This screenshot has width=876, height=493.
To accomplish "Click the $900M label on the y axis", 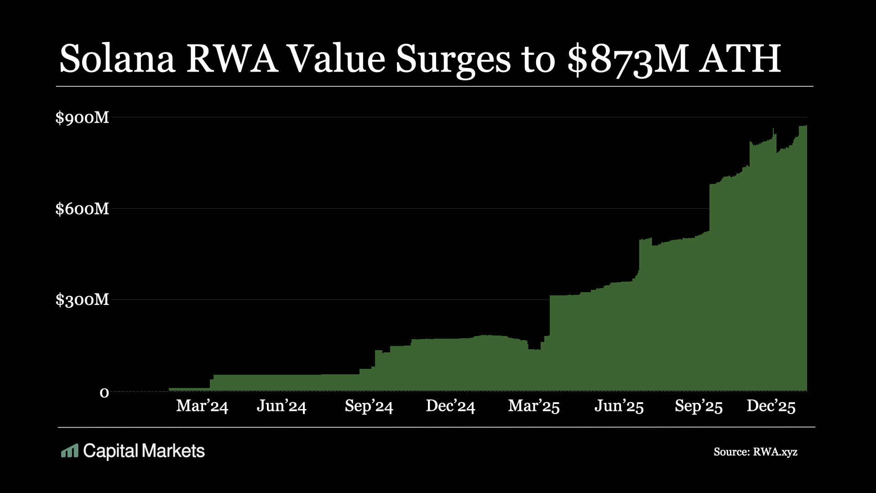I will click(x=82, y=118).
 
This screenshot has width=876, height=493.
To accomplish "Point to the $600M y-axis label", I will click(x=82, y=209).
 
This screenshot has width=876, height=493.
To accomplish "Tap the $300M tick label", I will click(x=82, y=300).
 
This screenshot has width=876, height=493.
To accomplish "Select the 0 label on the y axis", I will click(x=104, y=392).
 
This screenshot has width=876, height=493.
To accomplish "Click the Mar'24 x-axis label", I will click(x=202, y=406).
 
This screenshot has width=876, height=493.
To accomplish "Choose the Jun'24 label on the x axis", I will click(x=282, y=406).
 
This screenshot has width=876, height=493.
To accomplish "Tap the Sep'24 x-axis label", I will click(x=369, y=406).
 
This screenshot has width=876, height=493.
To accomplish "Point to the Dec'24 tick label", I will click(x=450, y=406).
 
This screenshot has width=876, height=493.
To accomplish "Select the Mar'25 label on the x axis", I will click(x=534, y=406).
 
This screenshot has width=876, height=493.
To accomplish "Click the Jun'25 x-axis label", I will click(x=619, y=406).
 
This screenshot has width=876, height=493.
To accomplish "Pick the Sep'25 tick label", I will click(x=699, y=406).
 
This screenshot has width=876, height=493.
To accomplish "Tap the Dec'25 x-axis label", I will click(x=771, y=406).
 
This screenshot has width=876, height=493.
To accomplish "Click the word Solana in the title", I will click(x=117, y=59).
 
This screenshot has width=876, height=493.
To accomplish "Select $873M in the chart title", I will click(x=627, y=59).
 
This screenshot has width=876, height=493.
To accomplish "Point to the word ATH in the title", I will click(x=740, y=59).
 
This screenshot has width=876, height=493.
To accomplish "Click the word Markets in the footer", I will click(x=173, y=451).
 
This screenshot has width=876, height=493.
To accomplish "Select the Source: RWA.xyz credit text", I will click(x=755, y=452).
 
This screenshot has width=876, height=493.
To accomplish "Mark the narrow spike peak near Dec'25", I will click(x=773, y=130).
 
